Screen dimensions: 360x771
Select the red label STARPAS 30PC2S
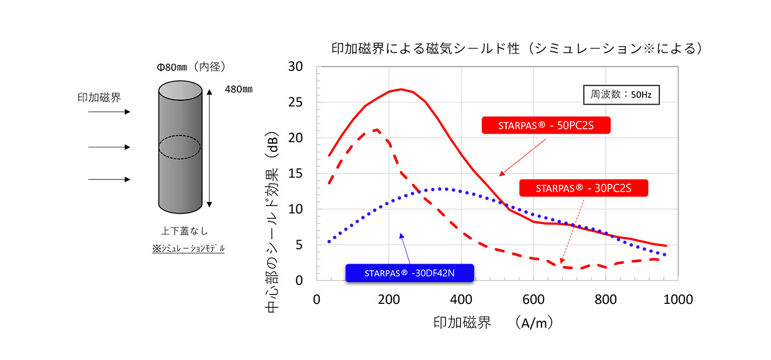583,188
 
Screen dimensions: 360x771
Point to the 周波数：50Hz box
621,95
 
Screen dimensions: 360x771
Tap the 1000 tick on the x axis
677,299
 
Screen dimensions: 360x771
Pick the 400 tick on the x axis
460,299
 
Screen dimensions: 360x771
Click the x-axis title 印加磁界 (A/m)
493,323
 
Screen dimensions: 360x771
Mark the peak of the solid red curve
401,89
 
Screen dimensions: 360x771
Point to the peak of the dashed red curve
376,130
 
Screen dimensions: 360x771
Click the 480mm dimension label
238,89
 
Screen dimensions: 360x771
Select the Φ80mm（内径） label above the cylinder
191,67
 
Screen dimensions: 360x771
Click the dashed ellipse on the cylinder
180,147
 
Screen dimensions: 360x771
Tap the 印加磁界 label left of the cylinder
99,97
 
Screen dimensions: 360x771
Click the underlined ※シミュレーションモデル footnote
188,249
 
